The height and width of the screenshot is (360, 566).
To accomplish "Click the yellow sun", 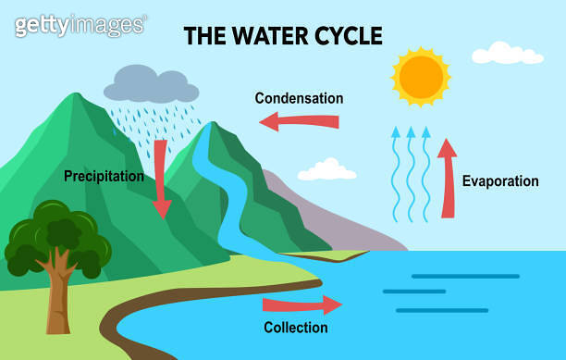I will click(421, 76).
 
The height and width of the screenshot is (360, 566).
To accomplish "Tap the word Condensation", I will click(299, 98).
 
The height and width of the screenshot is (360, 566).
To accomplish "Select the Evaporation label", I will click(500, 181).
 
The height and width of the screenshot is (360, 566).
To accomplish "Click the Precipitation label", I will click(104, 176).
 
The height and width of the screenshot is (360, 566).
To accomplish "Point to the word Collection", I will click(295, 328).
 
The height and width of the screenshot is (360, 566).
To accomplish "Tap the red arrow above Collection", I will click(301, 304).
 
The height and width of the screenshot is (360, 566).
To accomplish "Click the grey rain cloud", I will click(151, 84).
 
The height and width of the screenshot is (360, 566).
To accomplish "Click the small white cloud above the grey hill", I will click(326, 169).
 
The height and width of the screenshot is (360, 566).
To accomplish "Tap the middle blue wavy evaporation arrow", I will click(411, 175).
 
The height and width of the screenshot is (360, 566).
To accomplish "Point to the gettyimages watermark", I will click(80, 25).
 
